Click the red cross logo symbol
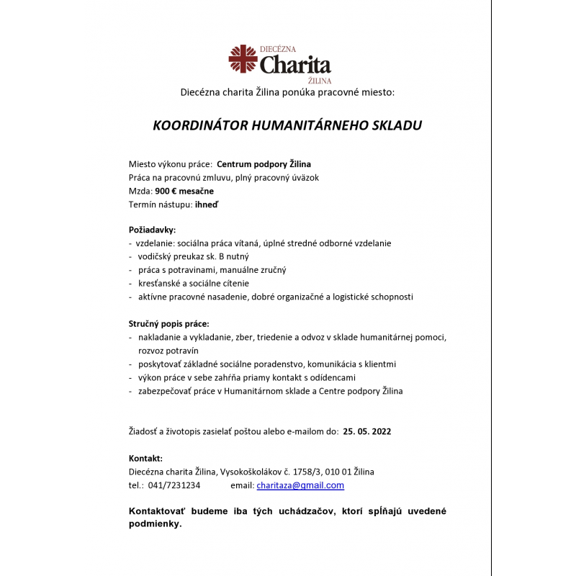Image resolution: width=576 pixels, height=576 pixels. click(243, 59)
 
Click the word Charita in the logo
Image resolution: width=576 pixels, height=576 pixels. click(295, 66)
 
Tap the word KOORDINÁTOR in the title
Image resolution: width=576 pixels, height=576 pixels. click(200, 125)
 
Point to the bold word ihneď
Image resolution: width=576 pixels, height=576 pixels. click(207, 204)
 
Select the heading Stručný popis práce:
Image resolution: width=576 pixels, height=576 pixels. click(168, 323)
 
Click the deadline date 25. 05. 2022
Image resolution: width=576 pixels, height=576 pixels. click(367, 431)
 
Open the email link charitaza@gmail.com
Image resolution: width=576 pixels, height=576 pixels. click(300, 485)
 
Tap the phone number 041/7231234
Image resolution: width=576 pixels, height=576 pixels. click(174, 485)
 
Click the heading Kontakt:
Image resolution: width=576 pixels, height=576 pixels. click(145, 458)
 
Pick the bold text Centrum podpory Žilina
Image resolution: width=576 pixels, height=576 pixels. click(264, 164)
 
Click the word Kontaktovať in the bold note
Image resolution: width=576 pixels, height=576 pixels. click(157, 511)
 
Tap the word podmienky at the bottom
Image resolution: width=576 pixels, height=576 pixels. click(154, 524)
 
